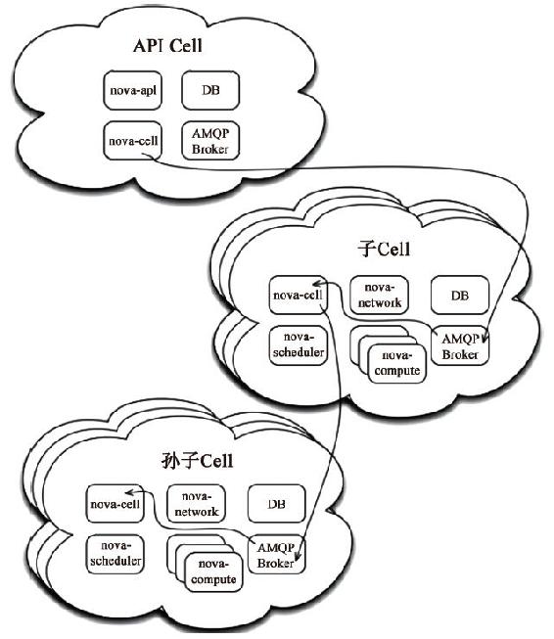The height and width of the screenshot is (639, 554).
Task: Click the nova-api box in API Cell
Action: point(132,90)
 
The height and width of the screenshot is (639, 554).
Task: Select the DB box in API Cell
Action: point(210,90)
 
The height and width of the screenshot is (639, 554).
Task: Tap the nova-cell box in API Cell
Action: point(132,141)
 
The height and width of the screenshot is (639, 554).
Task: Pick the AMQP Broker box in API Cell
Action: point(210,141)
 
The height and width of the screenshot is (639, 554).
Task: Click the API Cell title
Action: point(167,45)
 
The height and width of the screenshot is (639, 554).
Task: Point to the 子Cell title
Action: point(384,249)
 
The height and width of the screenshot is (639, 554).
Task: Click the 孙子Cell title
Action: point(198,461)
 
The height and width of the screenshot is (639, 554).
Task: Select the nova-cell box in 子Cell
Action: point(298,296)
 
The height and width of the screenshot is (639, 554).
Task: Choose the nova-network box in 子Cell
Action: point(379,296)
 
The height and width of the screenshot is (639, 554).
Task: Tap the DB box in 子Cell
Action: point(460,296)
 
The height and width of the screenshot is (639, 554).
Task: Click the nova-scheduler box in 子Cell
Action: point(298,345)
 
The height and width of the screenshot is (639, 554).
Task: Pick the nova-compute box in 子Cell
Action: point(397,364)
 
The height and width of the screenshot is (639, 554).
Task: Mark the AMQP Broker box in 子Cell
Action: point(460,346)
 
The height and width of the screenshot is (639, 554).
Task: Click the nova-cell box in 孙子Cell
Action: point(115,504)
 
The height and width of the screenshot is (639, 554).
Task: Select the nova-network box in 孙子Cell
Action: point(196,504)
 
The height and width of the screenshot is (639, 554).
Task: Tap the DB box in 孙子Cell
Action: point(276,504)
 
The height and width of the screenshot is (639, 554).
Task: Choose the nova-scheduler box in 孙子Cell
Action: point(115,554)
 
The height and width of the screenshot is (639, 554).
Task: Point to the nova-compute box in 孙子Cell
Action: point(213,572)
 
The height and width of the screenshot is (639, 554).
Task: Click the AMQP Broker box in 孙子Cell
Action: point(276,555)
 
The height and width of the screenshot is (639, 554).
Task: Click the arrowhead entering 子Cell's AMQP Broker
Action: point(485,338)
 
